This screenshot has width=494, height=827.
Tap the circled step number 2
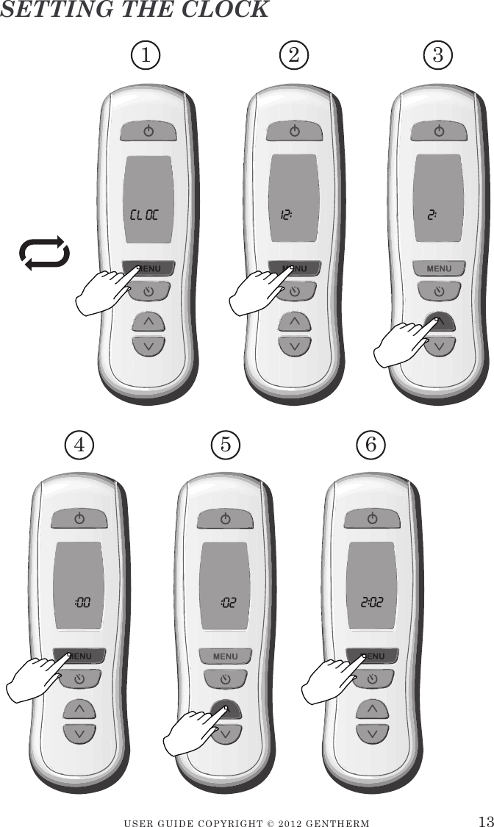pos(294,54)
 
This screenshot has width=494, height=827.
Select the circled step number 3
pos(438,54)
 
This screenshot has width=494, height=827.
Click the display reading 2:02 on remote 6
pos(372,604)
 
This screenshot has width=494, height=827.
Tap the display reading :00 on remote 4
pos(82,604)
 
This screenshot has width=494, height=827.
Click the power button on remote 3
pos(439,131)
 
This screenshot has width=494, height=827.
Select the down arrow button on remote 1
pos(148,346)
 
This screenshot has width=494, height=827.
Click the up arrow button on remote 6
pos(373,709)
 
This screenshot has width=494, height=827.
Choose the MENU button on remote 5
pos(226,655)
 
